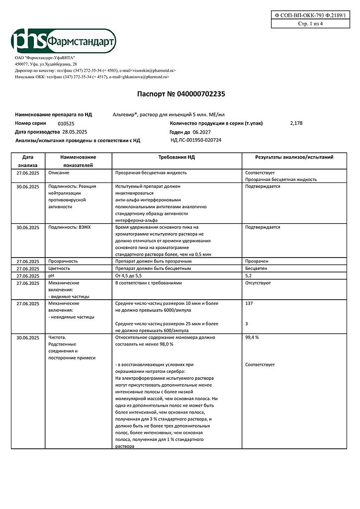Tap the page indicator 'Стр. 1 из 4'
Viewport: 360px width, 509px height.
pos(310,24)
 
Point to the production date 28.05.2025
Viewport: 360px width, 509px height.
pos(75,132)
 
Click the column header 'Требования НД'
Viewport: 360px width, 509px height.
pos(177,157)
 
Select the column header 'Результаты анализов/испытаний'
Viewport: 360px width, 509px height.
pos(294,157)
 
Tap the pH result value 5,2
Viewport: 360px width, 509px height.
pos(249,275)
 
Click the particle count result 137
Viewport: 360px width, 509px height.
pos(250,303)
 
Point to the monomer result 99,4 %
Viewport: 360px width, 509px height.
pos(252,338)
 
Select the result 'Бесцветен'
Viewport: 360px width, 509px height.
pos(257,268)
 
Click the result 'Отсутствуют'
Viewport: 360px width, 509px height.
pos(258,283)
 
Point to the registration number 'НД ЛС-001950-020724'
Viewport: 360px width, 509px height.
pos(196,140)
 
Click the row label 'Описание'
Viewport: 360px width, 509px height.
pos(59,172)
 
